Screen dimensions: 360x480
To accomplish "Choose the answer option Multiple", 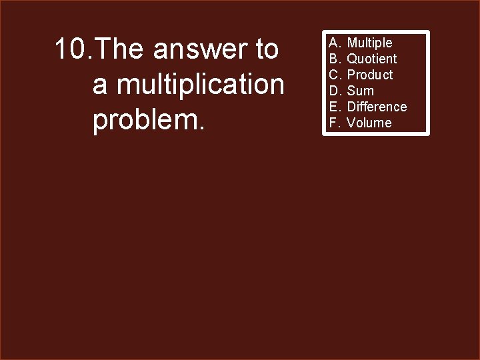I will click(369, 43).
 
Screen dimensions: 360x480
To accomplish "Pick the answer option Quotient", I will click(371, 59).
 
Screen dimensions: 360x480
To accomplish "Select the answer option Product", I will click(370, 75).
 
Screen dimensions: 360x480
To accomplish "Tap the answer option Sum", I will click(360, 91).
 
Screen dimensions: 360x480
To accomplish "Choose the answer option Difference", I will click(377, 107).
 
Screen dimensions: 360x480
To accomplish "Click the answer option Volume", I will click(369, 123).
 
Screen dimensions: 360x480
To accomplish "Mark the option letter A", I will click(334, 43).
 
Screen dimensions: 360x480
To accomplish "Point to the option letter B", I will click(334, 59).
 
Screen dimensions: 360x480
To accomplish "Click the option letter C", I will click(334, 75).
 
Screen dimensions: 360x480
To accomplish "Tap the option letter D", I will click(334, 91).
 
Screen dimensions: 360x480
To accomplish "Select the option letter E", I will click(334, 107).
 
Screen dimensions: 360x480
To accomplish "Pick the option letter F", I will click(333, 123).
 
